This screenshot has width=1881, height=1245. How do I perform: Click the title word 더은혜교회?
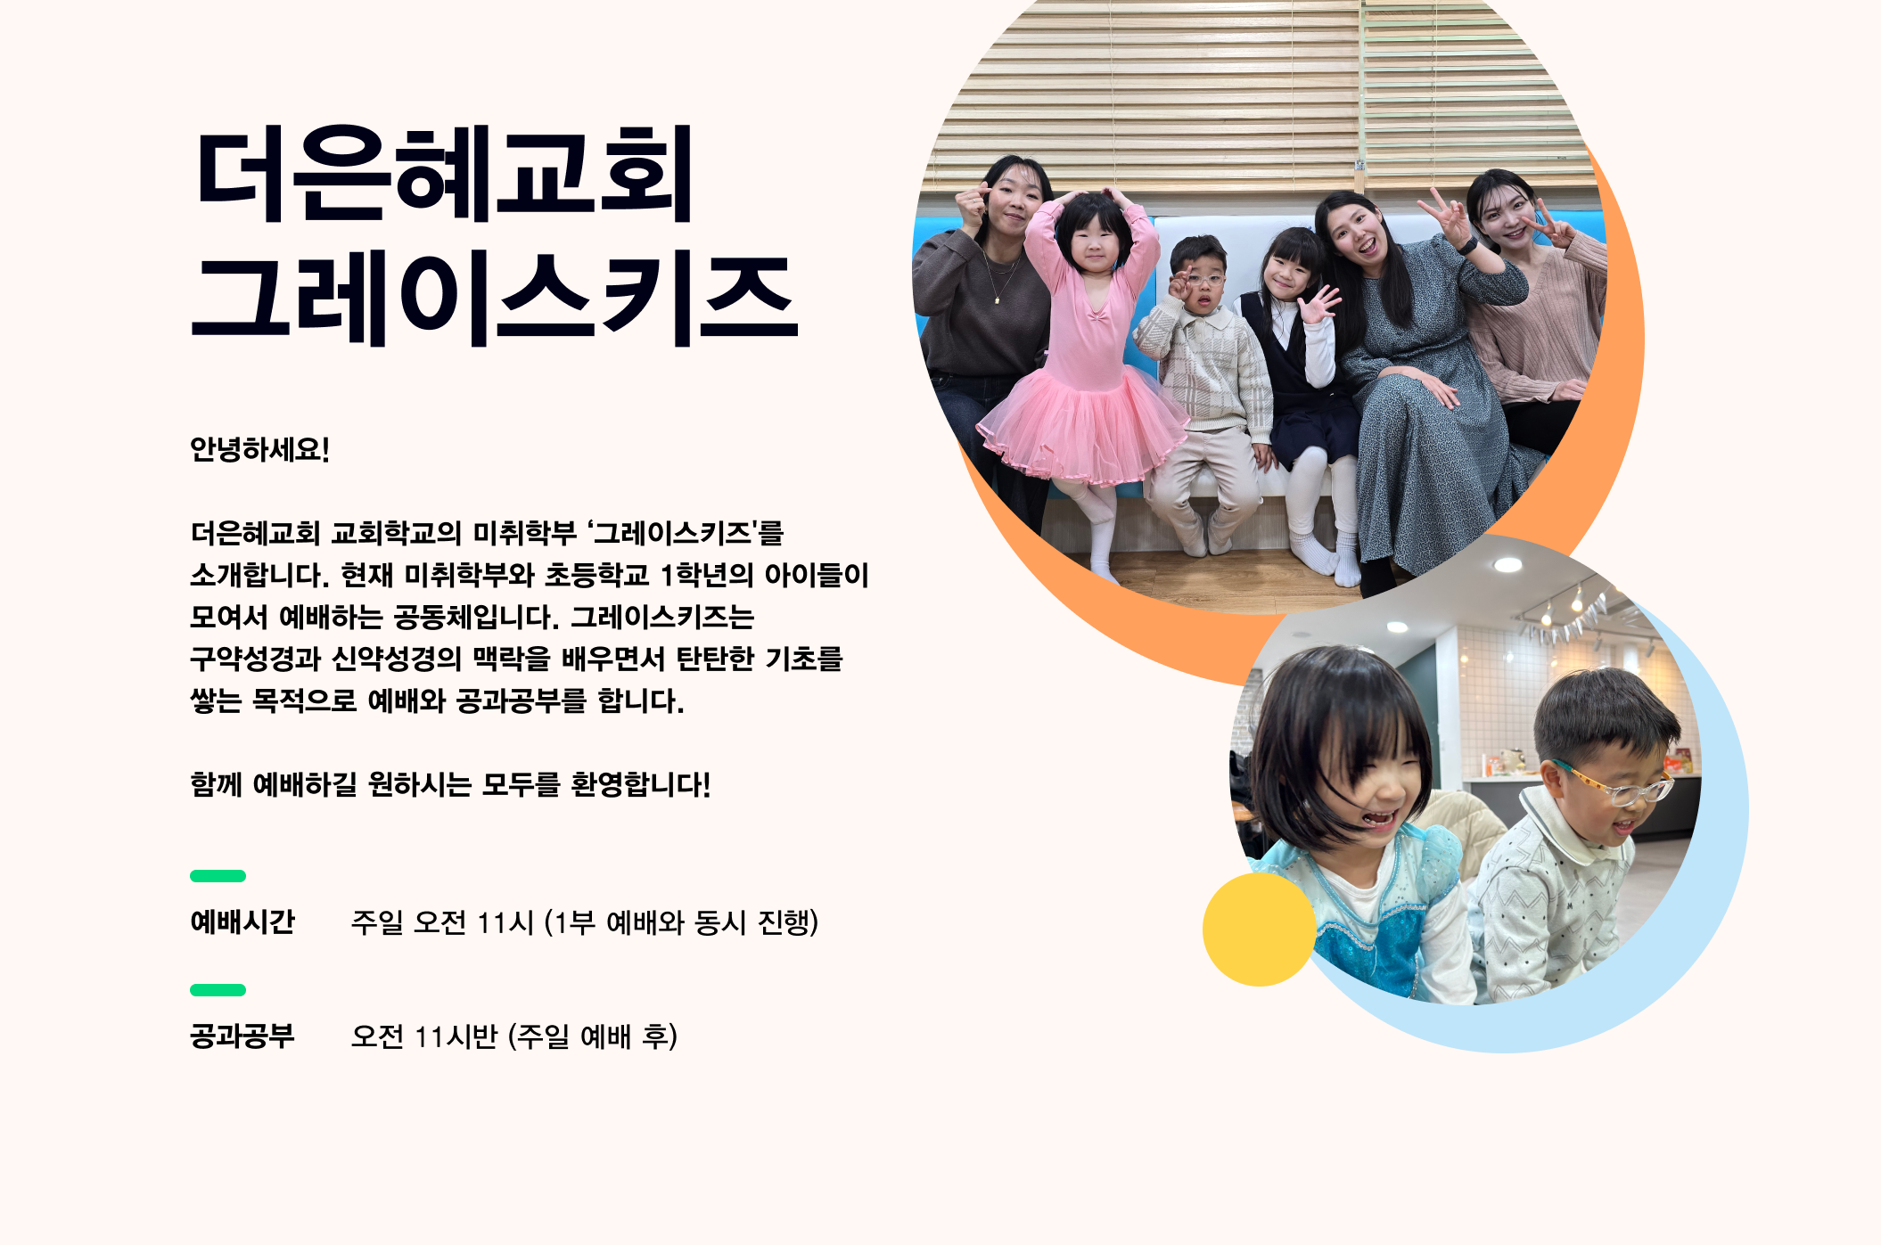pos(443,174)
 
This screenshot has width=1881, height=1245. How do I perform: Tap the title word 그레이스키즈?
pos(495,299)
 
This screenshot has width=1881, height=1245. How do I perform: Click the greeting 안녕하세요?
pos(259,449)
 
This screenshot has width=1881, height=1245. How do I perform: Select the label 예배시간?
pos(242,921)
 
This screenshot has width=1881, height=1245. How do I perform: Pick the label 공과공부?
pos(242,1036)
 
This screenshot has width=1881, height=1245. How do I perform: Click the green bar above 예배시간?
pos(218,876)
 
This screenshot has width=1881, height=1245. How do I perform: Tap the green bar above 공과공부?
pos(218,990)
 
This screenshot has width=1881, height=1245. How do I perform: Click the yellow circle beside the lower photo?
pos(1259,930)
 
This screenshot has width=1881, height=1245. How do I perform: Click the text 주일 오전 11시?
pos(442,921)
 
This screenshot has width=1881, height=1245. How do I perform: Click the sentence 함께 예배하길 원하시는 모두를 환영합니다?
pos(450,784)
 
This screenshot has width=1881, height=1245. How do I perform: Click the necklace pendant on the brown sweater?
pos(998,300)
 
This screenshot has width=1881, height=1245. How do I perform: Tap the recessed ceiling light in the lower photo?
pos(1507,565)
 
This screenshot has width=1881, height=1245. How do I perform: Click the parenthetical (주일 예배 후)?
pos(593,1036)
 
